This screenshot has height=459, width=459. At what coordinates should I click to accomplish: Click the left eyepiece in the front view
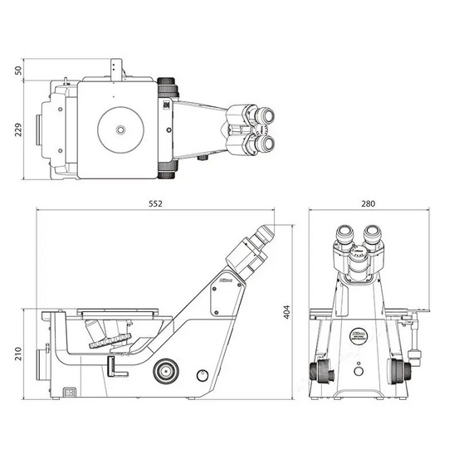[x=344, y=234]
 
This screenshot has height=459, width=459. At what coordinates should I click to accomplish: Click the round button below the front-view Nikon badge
[x=358, y=363]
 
